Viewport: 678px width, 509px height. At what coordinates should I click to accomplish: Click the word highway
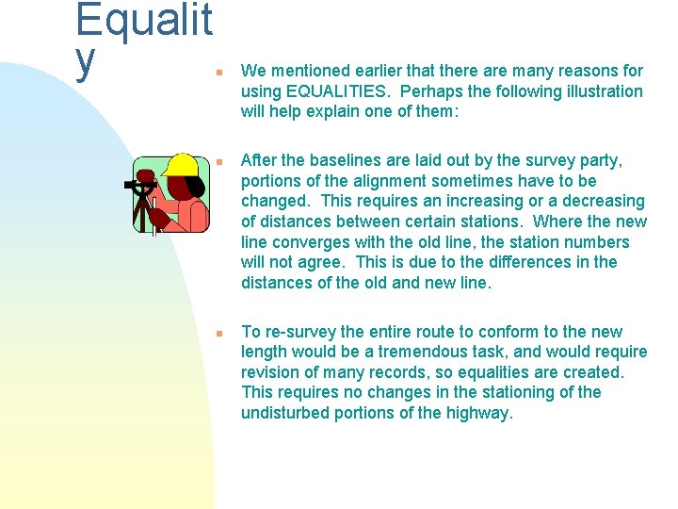pyautogui.click(x=480, y=413)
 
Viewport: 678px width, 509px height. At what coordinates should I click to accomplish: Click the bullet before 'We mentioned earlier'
pyautogui.click(x=218, y=72)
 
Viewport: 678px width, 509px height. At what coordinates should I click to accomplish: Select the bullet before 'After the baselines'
pyautogui.click(x=218, y=162)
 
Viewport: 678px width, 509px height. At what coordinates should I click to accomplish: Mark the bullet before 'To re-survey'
pyautogui.click(x=218, y=333)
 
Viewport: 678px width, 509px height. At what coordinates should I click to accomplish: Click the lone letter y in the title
pyautogui.click(x=86, y=58)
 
